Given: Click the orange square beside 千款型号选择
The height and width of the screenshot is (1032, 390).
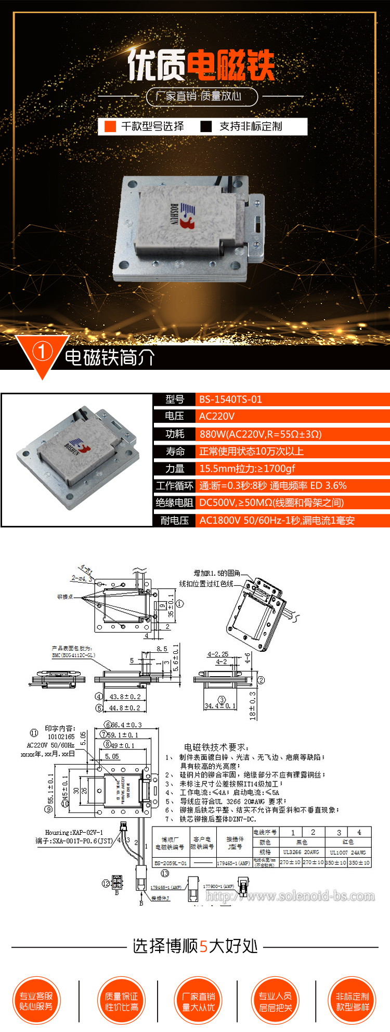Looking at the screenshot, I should point(110,126).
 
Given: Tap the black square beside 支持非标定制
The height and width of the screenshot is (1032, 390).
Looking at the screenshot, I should point(206,126).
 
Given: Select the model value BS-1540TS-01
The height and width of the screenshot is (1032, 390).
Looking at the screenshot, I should point(231,399).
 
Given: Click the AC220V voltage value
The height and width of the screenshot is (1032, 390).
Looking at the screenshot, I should point(217,416).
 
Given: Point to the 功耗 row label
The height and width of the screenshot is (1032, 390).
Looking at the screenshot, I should point(175,434).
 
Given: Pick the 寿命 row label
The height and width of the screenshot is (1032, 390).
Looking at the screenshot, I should point(175,451).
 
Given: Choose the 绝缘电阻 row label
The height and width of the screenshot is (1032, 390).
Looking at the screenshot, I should point(175,502).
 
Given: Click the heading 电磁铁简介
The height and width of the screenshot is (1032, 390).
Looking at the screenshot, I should point(110,357).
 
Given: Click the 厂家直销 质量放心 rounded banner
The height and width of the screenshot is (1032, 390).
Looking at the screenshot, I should point(202,96).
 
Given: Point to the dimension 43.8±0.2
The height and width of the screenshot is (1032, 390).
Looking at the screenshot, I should point(125,696).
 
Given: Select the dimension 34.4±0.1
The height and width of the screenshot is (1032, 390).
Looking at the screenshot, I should point(220,706).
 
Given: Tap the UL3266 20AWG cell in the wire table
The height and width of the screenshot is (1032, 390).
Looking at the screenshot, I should point(301,852).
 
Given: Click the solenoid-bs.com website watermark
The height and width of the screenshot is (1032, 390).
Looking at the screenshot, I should point(290,896).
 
